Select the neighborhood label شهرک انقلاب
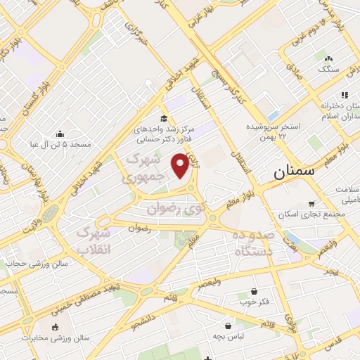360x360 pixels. (94, 240)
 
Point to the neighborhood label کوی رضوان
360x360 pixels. (176, 208)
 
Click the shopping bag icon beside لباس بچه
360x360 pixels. (229, 326)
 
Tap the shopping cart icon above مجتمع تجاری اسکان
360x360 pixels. (311, 204)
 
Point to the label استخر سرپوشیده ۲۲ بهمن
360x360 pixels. (273, 131)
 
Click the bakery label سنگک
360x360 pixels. (328, 69)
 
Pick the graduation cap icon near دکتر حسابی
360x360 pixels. (164, 118)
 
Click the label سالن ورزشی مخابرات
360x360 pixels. (56, 338)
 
